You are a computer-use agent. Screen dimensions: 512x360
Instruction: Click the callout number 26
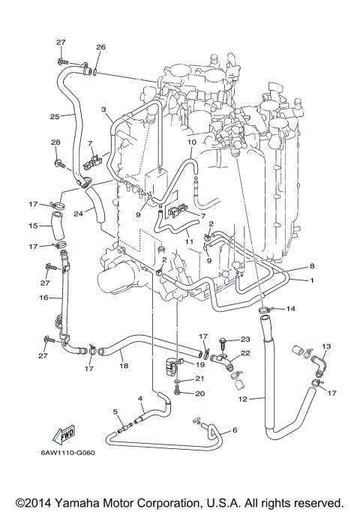click(100, 47)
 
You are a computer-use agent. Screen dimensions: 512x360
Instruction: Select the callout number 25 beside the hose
click(55, 116)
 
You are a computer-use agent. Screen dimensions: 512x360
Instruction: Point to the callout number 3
click(103, 109)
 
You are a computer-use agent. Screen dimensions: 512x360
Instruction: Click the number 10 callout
click(191, 141)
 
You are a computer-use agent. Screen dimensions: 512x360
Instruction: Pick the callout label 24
click(79, 212)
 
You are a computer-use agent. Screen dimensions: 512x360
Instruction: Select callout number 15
click(33, 225)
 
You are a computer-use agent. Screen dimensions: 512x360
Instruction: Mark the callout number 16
click(34, 298)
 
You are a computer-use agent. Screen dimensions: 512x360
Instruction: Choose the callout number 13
click(326, 346)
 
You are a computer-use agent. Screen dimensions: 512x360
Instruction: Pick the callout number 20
click(199, 393)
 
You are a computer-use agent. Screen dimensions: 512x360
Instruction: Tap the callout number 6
click(235, 430)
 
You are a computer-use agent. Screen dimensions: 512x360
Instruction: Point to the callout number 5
click(115, 412)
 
